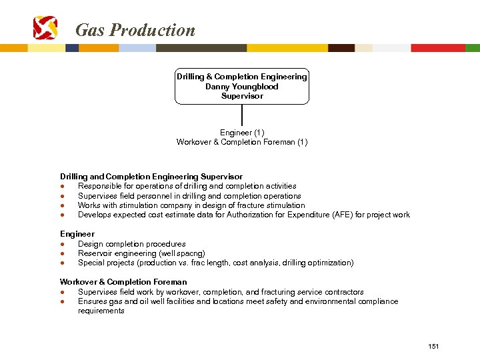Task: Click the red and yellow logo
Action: [45, 28]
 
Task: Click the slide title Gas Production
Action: [135, 30]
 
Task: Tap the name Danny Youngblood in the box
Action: [242, 87]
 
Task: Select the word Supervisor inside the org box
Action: [242, 96]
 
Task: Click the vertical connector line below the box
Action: [242, 115]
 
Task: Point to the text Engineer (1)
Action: [242, 133]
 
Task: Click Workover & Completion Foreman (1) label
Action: [242, 142]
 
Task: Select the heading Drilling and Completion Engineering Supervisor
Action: [151, 177]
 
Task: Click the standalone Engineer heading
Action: [77, 234]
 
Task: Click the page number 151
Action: [434, 346]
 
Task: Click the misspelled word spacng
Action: [190, 253]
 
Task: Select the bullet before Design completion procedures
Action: [62, 244]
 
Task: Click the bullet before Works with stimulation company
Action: [62, 205]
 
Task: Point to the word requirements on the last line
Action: [101, 311]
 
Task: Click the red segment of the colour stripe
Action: [437, 48]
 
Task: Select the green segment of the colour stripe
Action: [472, 48]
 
